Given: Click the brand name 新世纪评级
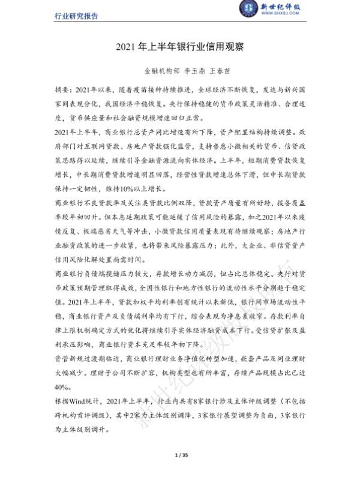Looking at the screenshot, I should click(x=270, y=7).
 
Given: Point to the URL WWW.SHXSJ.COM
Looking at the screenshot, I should click(x=269, y=17).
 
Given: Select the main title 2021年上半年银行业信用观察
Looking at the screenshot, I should click(x=179, y=46).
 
